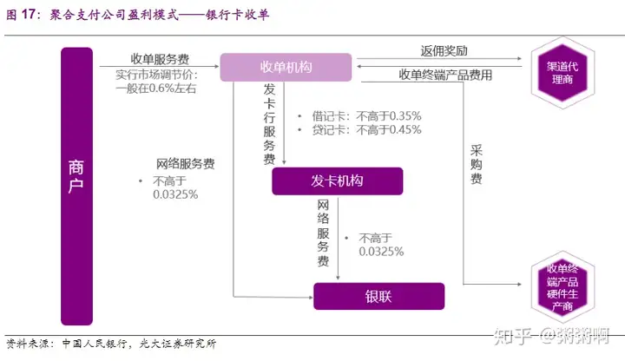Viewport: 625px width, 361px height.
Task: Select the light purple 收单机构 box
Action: [286, 68]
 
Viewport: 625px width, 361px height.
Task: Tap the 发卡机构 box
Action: [337, 180]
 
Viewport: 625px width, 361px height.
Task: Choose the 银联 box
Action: [378, 296]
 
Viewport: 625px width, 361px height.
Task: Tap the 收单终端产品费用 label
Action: [445, 75]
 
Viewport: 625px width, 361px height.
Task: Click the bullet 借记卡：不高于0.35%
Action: [359, 115]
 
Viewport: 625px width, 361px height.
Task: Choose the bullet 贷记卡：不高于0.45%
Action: [359, 130]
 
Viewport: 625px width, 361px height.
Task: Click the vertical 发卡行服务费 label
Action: [270, 123]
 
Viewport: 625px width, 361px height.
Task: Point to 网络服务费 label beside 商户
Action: [185, 163]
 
